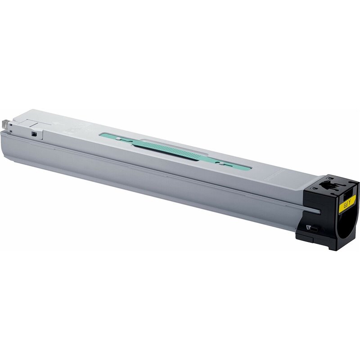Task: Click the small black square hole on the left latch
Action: point(32,133)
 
